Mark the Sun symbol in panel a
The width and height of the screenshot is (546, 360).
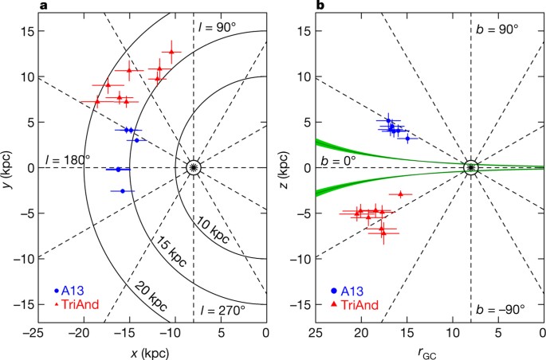194,168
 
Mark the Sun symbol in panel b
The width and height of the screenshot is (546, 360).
471,168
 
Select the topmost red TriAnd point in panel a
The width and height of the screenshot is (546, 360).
171,53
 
